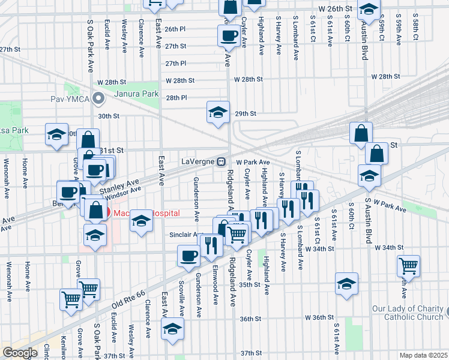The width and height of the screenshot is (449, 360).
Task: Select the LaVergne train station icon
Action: click(221, 161)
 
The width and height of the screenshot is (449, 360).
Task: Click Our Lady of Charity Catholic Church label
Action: click(408, 313)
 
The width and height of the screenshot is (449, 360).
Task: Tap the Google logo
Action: click(20, 353)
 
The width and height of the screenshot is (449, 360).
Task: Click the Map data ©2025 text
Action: click(424, 355)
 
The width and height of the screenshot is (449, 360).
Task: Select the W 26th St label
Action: click(335, 9)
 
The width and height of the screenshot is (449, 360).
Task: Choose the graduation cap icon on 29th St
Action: click(218, 111)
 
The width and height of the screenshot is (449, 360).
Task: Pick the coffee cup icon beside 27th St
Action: click(228, 35)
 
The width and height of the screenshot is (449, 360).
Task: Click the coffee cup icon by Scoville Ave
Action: click(188, 256)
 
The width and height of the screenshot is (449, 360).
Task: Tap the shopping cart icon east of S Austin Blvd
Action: click(408, 265)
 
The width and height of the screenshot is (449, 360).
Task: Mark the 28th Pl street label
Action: click(177, 97)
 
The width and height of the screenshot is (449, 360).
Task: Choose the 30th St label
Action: click(109, 116)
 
